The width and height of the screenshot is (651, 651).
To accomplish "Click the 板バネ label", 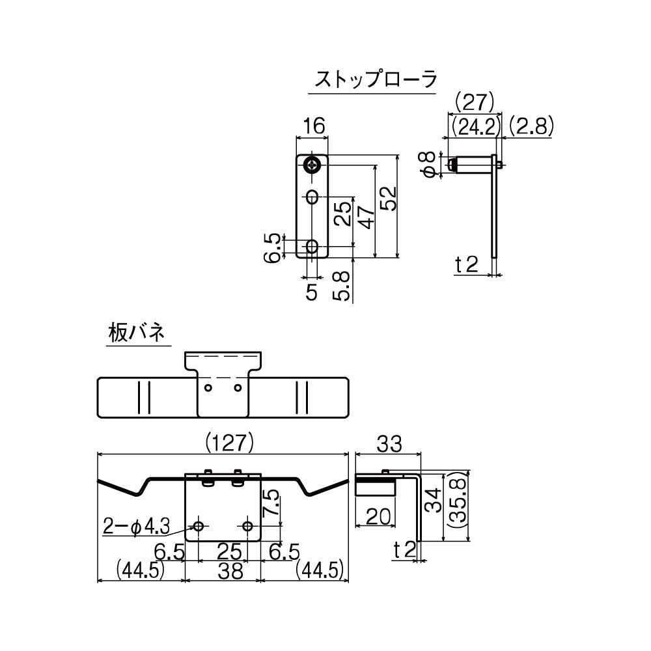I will click(x=137, y=333).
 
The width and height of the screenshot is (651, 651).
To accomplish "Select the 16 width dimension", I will click(x=313, y=127).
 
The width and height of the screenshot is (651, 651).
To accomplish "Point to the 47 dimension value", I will click(x=366, y=217).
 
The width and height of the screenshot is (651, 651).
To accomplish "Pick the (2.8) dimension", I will click(x=531, y=126).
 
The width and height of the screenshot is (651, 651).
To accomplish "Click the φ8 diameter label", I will click(x=427, y=164).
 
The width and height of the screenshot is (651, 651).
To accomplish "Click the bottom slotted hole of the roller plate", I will click(x=313, y=247).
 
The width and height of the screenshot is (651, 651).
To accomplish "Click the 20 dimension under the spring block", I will click(x=379, y=516).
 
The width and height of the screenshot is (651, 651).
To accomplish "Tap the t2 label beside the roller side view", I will click(x=467, y=264).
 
